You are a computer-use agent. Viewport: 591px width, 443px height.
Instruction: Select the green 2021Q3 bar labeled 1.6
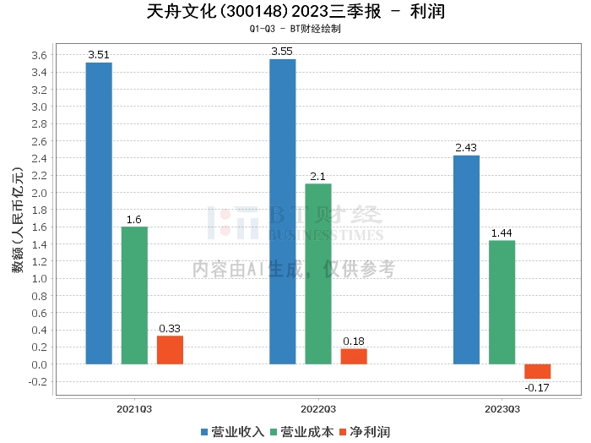click(134, 295)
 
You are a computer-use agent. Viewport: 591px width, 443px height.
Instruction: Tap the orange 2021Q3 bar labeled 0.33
click(170, 350)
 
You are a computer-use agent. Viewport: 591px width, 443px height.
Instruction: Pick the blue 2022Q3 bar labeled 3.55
click(282, 211)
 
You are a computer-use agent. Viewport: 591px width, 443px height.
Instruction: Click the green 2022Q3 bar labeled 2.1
click(318, 274)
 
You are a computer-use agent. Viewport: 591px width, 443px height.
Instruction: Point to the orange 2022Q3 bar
click(354, 356)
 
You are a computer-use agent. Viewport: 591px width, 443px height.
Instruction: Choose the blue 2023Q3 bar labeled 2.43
click(466, 260)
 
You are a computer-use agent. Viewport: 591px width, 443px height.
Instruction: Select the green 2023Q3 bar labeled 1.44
click(502, 302)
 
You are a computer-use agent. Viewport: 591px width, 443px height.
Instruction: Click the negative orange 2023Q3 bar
click(537, 371)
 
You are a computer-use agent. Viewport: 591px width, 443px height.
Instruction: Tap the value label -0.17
click(537, 387)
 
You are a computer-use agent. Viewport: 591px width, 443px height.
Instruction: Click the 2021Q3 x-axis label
click(134, 408)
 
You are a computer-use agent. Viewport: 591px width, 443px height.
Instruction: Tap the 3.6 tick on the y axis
click(39, 56)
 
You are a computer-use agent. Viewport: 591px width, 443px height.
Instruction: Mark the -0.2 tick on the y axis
click(37, 381)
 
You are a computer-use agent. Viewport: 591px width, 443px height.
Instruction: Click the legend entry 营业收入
click(232, 432)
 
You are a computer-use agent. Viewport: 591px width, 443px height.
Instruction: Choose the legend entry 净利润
click(364, 432)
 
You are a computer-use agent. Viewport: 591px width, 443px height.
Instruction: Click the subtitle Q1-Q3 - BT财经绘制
click(295, 29)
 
